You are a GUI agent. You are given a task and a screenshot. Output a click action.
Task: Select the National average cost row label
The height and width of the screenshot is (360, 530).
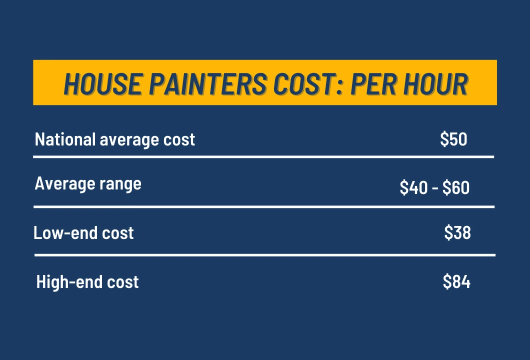coord(115,139)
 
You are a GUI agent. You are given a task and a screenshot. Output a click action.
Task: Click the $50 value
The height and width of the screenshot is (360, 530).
coord(453,139)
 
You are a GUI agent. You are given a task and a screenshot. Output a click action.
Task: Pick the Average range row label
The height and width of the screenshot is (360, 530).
coord(88,184)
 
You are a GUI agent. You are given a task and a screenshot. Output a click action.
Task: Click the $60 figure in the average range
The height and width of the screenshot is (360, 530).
coord(456,188)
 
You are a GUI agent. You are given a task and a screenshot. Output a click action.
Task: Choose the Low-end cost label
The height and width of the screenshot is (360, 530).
coord(83,233)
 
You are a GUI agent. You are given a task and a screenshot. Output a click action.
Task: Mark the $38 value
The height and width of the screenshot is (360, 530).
coord(457,233)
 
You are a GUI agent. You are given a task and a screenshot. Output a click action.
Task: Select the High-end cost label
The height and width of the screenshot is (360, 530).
coord(87,282)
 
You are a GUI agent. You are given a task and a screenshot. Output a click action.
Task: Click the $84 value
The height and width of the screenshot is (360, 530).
coord(456,282)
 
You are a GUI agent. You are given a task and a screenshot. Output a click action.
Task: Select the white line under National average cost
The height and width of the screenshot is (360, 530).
coord(263,157)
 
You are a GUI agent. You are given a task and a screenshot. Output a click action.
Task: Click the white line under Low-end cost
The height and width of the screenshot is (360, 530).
coord(264,255)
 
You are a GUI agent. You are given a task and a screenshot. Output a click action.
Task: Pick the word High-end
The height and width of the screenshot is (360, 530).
coord(63,282)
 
